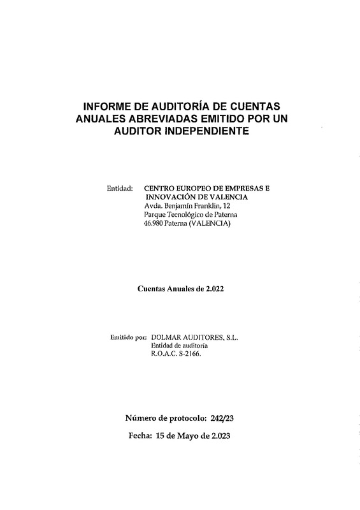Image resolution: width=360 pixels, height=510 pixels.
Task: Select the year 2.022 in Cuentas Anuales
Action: click(211, 289)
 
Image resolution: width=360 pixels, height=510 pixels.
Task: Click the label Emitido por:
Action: click(128, 337)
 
